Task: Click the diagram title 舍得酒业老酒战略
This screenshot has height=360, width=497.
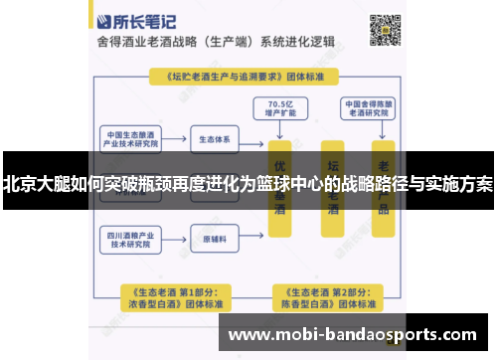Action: [x=160, y=44]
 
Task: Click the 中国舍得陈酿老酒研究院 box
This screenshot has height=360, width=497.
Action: [x=369, y=106]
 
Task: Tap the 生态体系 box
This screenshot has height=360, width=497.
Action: [x=214, y=138]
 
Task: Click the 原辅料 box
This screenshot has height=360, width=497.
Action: [x=214, y=240]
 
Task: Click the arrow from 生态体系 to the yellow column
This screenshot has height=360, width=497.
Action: [x=252, y=138]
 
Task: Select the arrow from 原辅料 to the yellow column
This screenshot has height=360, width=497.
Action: [x=252, y=240]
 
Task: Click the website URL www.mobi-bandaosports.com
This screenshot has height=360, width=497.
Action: [x=367, y=335]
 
